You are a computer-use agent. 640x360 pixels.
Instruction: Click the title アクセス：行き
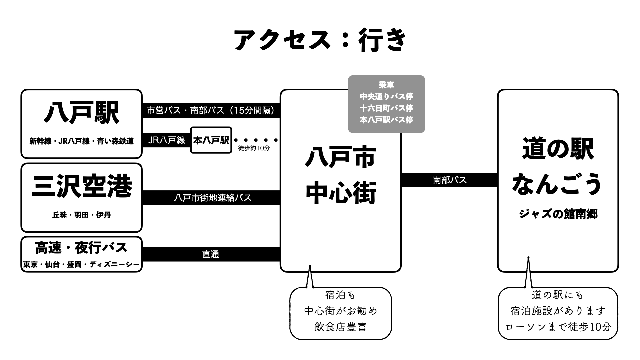tap(320, 40)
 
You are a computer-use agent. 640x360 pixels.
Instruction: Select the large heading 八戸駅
tap(82, 113)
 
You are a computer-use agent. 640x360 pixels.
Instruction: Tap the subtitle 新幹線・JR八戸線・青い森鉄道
tap(82, 141)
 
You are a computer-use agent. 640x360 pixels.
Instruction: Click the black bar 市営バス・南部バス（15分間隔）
tap(211, 110)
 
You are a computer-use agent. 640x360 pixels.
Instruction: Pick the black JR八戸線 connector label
tap(166, 140)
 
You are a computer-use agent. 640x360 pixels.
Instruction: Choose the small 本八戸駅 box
tap(211, 140)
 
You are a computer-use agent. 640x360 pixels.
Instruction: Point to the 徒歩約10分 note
tap(254, 148)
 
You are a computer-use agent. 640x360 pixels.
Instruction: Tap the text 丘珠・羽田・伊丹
tap(82, 215)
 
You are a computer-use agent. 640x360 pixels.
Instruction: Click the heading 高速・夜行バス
tap(82, 248)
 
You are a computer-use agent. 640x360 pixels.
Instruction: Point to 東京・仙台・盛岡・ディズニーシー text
tap(82, 265)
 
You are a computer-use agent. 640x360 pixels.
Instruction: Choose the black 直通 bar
tap(211, 254)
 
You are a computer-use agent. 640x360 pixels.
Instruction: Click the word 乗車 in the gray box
tap(386, 85)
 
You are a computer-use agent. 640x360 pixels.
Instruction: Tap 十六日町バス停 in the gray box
tap(386, 108)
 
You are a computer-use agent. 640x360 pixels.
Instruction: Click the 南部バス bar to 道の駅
tap(449, 180)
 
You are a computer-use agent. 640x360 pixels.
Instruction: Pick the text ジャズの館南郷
tap(558, 214)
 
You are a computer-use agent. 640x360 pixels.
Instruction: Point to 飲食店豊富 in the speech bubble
tap(340, 327)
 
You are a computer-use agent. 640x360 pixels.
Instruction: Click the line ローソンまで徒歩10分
tap(558, 327)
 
